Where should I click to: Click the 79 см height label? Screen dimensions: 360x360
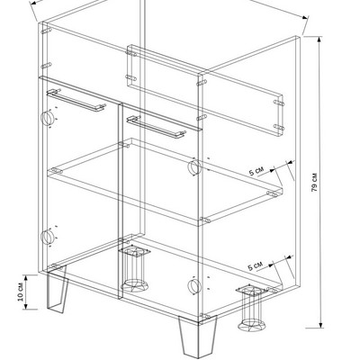(x=314, y=182)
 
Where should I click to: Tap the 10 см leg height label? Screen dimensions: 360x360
(x=20, y=292)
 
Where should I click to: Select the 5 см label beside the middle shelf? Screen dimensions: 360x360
(x=256, y=172)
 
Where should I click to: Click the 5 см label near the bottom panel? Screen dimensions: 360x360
(x=255, y=265)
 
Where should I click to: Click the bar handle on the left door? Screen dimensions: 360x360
(x=76, y=100)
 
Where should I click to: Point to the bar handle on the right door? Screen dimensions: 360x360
(x=156, y=127)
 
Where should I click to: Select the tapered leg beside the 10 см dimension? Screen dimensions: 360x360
(x=57, y=290)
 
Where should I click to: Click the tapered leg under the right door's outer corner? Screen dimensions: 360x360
(x=198, y=336)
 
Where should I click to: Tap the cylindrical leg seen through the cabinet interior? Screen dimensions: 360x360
(x=134, y=268)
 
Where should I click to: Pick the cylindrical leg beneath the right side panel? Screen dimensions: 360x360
(x=251, y=308)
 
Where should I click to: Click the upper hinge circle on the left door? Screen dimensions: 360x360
(x=47, y=118)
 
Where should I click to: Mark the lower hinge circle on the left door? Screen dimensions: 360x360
(x=47, y=237)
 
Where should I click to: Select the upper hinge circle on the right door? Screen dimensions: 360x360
(x=193, y=166)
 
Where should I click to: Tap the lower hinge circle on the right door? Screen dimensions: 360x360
(x=193, y=285)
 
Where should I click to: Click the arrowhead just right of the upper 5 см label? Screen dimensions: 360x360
(x=272, y=170)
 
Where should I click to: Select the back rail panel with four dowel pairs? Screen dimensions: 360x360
(x=205, y=92)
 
